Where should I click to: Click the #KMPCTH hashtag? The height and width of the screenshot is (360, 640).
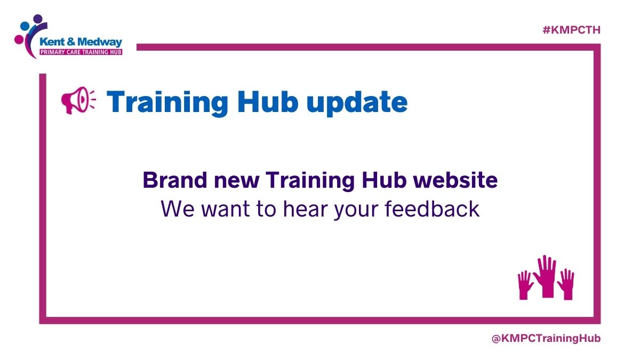(x=571, y=30)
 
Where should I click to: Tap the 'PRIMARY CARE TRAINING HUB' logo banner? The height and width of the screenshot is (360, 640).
(x=81, y=53)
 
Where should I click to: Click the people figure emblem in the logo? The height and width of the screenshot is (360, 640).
(x=29, y=33)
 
